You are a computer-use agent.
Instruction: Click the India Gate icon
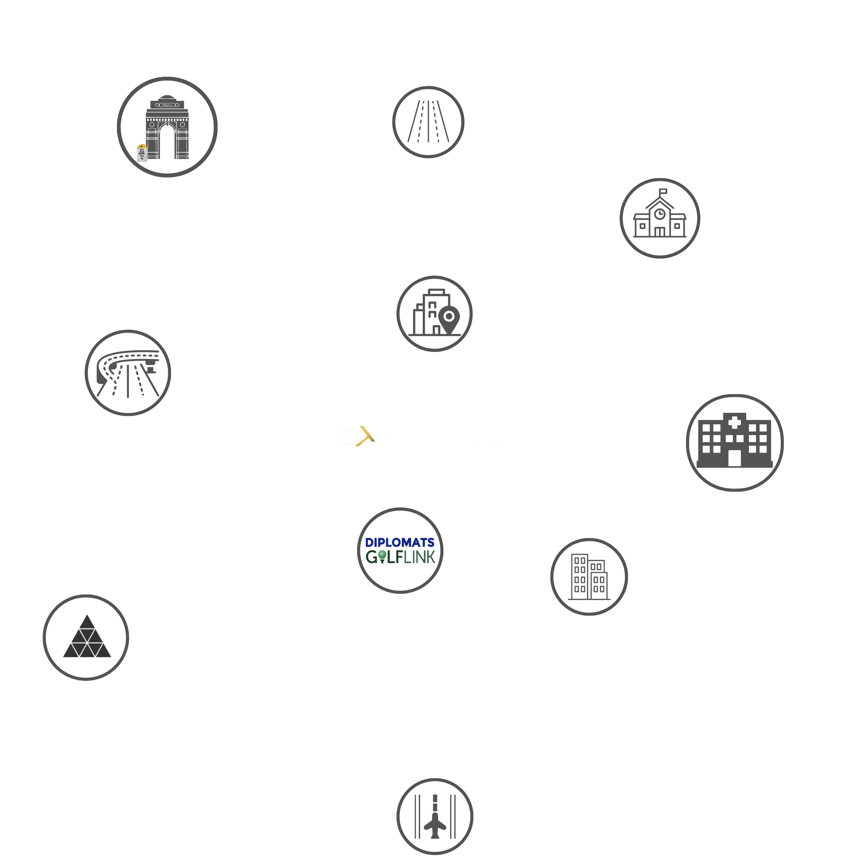click(x=167, y=127)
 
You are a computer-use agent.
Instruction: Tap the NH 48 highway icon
click(x=429, y=121)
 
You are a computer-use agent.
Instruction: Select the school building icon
click(x=660, y=218)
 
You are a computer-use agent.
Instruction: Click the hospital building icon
click(x=735, y=442)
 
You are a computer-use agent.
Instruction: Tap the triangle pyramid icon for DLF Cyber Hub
click(x=86, y=637)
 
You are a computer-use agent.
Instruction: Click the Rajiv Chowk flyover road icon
click(x=128, y=373)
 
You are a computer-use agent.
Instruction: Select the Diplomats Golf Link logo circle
click(x=400, y=550)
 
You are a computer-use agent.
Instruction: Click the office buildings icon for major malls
click(x=589, y=577)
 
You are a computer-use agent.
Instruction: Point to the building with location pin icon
click(x=434, y=314)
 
